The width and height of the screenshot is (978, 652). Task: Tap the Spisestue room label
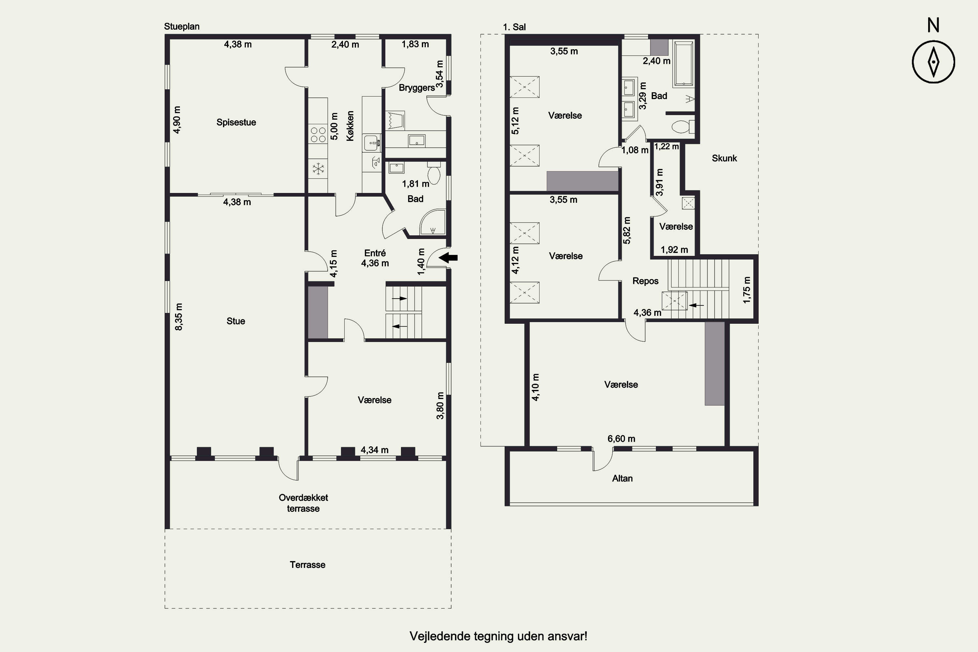pyautogui.click(x=236, y=122)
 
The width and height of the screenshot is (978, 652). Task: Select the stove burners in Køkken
pyautogui.click(x=318, y=135)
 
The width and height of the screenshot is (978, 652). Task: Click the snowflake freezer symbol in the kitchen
pyautogui.click(x=318, y=169)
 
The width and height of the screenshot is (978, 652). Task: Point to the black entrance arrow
pyautogui.click(x=449, y=258)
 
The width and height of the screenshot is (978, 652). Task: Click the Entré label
pyautogui.click(x=375, y=253)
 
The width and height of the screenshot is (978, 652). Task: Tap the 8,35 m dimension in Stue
pyautogui.click(x=179, y=317)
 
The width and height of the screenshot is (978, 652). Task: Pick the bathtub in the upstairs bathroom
pyautogui.click(x=684, y=64)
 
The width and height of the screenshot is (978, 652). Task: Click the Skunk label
pyautogui.click(x=724, y=158)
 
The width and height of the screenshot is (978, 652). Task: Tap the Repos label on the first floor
pyautogui.click(x=645, y=281)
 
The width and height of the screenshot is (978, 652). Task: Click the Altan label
pyautogui.click(x=622, y=479)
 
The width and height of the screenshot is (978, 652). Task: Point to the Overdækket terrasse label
pyautogui.click(x=304, y=503)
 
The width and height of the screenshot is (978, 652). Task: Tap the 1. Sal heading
pyautogui.click(x=514, y=27)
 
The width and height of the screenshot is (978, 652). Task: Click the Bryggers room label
pyautogui.click(x=417, y=88)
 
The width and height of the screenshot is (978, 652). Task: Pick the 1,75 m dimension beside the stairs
pyautogui.click(x=747, y=290)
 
